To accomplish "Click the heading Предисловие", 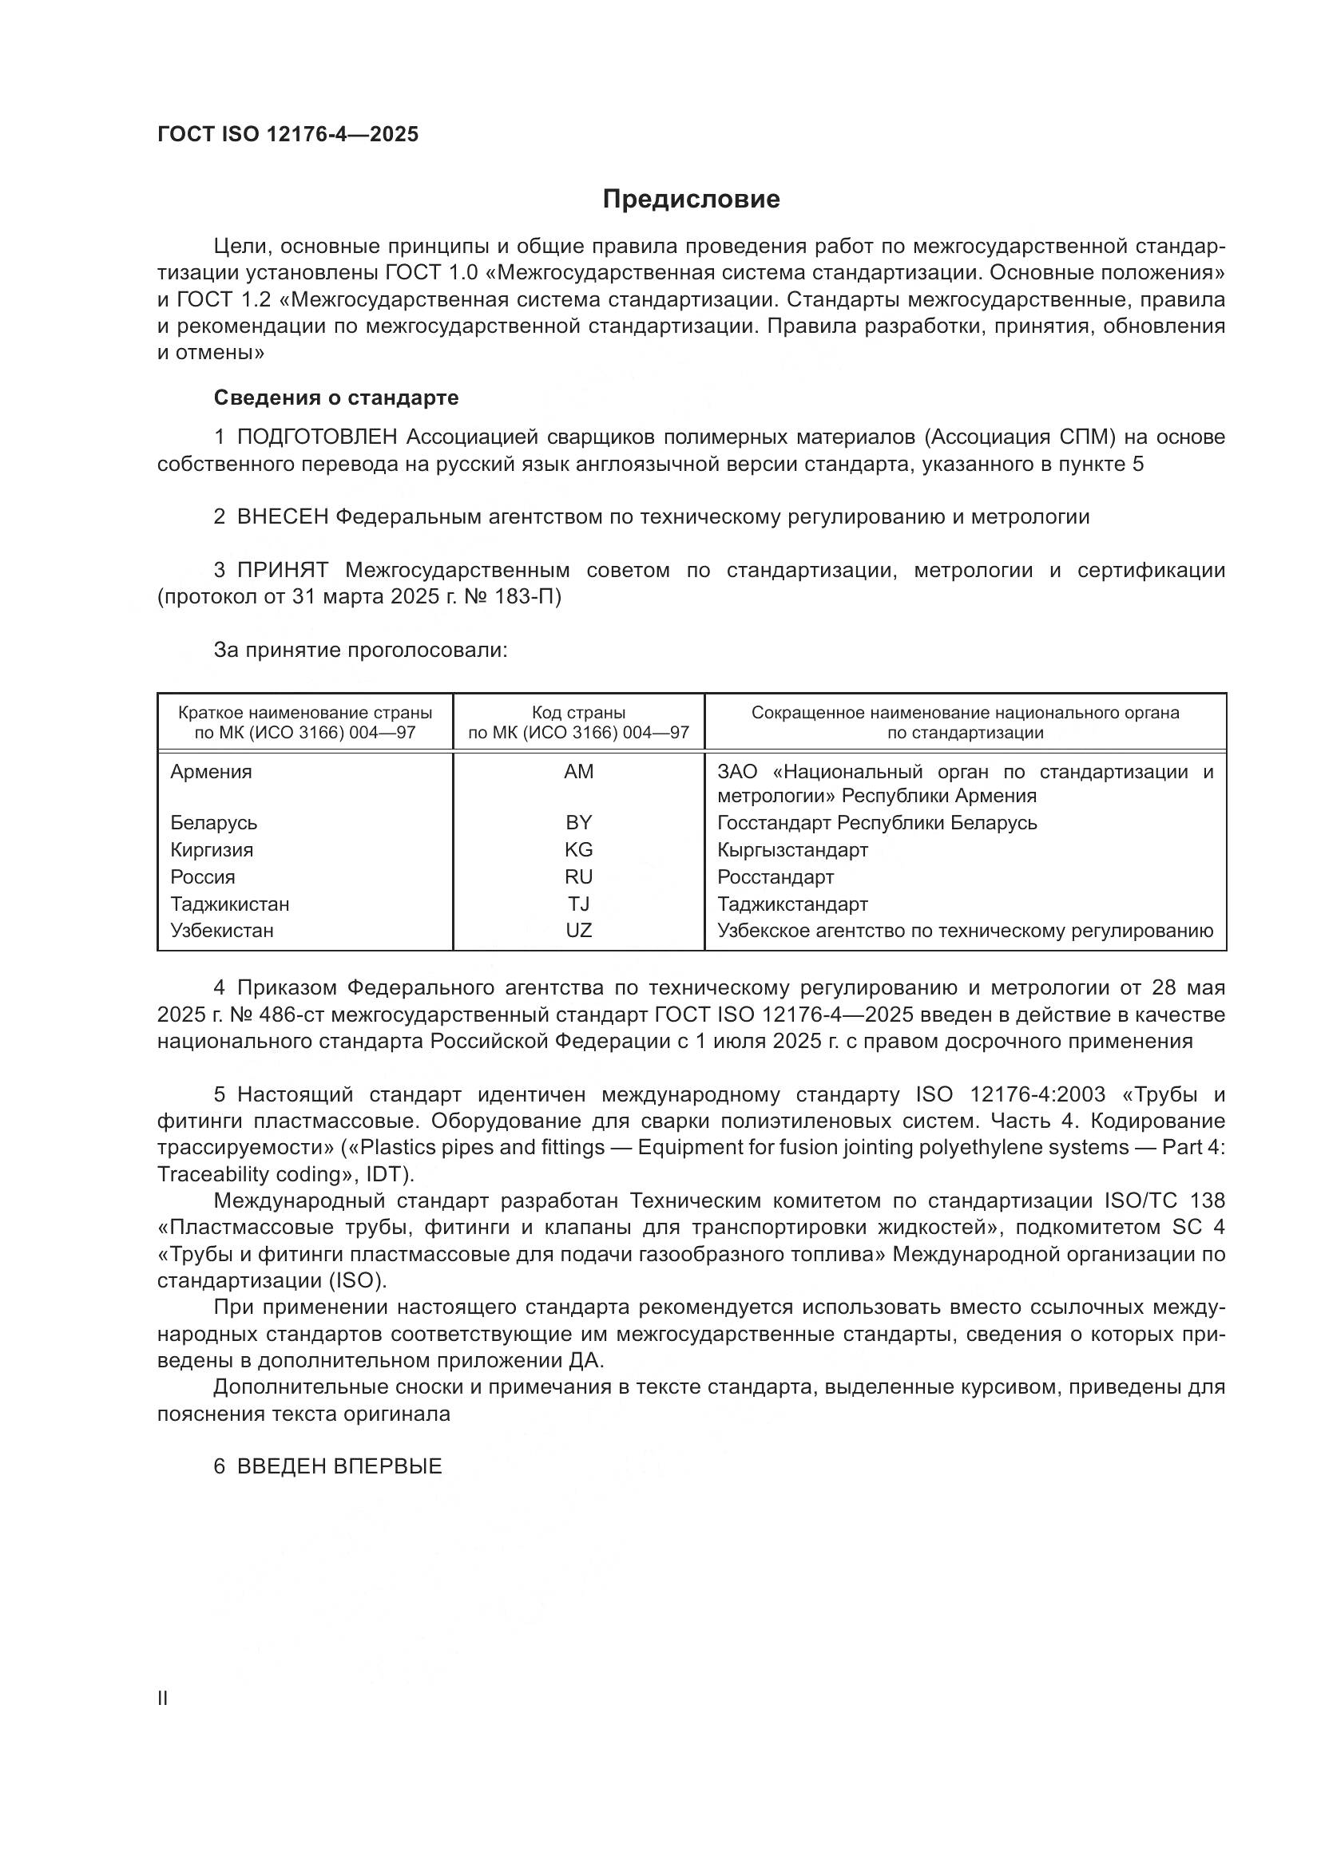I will tap(691, 200).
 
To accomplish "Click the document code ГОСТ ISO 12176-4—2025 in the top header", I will tap(288, 135).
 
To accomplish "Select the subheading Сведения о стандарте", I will tap(336, 398).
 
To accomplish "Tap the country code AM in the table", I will tap(578, 772).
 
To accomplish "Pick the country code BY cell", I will tap(578, 823).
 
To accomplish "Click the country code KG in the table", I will tap(578, 850).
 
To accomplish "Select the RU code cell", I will tap(578, 876).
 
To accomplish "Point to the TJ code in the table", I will tap(578, 904).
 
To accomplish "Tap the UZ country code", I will tap(578, 930).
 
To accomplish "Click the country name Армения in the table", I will tap(211, 772).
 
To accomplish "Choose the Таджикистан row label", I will tap(229, 904).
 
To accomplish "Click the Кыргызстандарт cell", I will tap(792, 850).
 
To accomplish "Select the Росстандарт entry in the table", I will tap(776, 876).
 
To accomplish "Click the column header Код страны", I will tap(578, 713).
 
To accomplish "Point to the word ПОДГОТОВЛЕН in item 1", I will tap(316, 437).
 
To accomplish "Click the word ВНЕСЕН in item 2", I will tap(282, 517).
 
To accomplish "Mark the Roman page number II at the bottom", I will tap(163, 1698).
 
